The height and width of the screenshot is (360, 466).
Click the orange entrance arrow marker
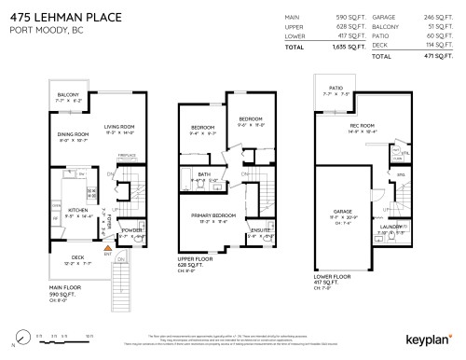click(x=108, y=248)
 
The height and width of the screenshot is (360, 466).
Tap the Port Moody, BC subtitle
click(x=40, y=33)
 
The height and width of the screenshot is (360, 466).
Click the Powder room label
click(x=131, y=229)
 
